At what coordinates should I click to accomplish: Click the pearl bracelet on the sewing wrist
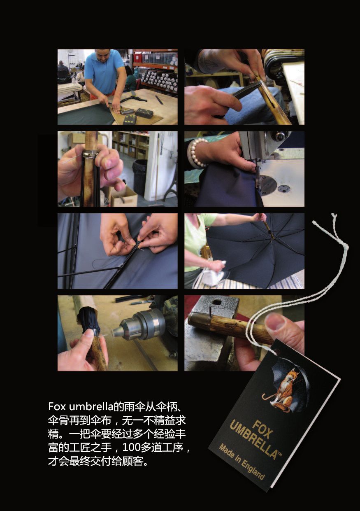(x=197, y=153)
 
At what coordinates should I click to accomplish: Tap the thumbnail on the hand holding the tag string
(x=276, y=322)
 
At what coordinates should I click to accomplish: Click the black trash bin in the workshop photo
(x=139, y=177)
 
